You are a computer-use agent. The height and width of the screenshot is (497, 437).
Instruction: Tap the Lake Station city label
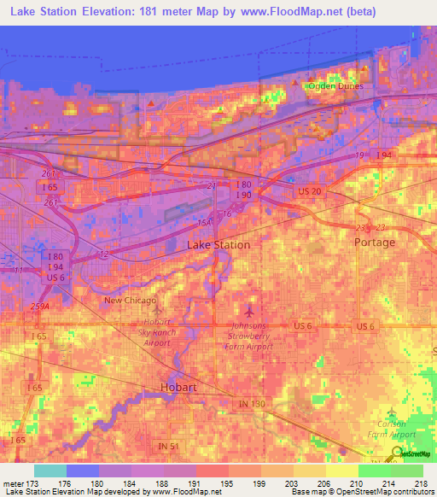tap(218, 245)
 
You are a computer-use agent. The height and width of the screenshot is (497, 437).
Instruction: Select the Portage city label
tap(375, 243)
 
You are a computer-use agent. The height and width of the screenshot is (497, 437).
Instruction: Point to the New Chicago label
tap(130, 301)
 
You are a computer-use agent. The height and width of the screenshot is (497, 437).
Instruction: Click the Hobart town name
tap(179, 388)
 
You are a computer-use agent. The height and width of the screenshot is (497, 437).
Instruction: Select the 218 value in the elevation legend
tap(421, 484)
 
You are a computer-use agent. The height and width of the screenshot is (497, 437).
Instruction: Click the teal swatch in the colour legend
tap(50, 471)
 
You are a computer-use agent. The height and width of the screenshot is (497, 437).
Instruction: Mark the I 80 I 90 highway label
tap(242, 190)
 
